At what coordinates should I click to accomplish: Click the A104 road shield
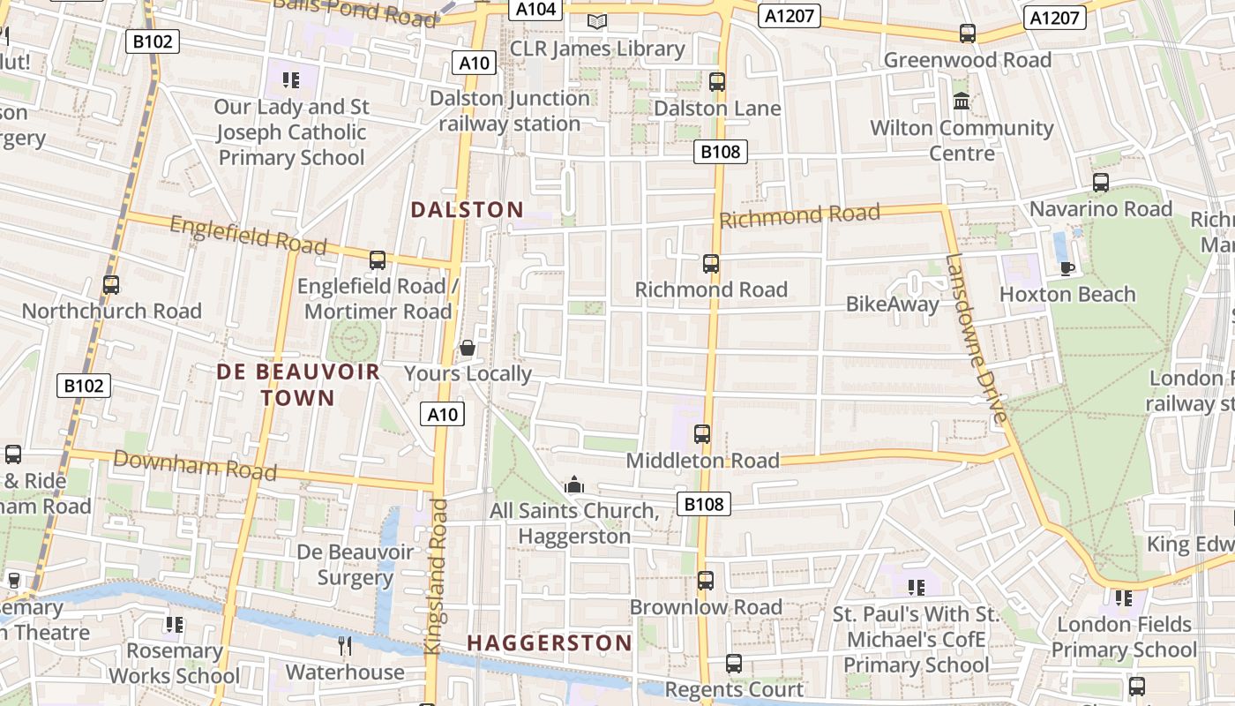point(535,9)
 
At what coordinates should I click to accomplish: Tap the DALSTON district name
point(468,210)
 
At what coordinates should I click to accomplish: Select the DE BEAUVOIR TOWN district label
point(298,385)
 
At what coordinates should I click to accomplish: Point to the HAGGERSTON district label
point(550,643)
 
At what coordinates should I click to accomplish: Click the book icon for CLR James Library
point(597,21)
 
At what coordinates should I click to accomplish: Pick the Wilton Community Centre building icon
point(962,101)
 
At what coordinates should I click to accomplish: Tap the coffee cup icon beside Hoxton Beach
point(1067,268)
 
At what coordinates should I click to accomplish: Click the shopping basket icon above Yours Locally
point(468,349)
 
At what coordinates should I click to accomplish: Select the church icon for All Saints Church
point(574,484)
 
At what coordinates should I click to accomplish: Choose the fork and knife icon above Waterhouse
point(345,646)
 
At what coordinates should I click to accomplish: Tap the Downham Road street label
point(195,464)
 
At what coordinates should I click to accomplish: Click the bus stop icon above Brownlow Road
point(705,581)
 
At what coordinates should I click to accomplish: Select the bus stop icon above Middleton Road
point(702,434)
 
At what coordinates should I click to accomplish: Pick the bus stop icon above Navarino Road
point(1101,183)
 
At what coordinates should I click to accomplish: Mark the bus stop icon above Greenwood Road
point(968,34)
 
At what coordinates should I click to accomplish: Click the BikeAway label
point(893,304)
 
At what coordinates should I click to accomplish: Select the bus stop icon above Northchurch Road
point(111,285)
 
